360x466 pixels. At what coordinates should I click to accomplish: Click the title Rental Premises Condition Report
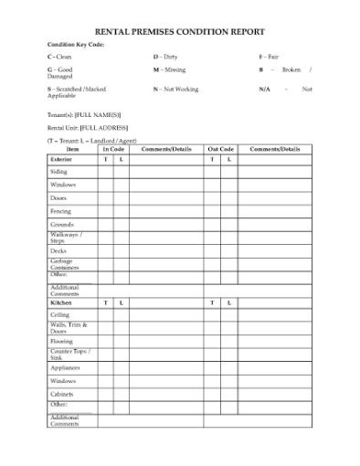tap(180, 31)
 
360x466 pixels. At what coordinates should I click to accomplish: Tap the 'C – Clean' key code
tap(59, 57)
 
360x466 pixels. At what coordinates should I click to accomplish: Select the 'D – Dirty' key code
tap(164, 57)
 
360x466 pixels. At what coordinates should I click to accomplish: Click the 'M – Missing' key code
tap(169, 69)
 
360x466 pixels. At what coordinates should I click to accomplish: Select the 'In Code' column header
tap(113, 149)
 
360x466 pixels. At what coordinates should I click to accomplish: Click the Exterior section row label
tap(60, 159)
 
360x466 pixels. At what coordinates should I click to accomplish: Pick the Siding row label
tap(58, 172)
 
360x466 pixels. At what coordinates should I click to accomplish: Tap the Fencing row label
tap(60, 211)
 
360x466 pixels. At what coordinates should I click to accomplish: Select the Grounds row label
tap(61, 224)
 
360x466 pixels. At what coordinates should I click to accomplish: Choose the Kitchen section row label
tap(60, 302)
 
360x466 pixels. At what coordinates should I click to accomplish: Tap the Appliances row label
tap(65, 367)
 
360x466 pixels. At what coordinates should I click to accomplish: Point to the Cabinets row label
tap(62, 394)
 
